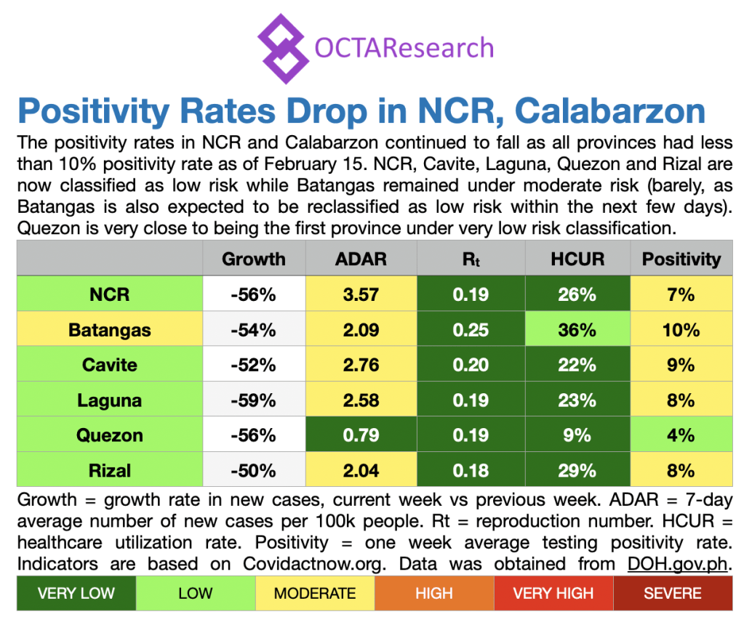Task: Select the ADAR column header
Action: tap(361, 259)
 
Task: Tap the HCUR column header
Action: tap(577, 259)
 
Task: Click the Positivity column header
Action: tap(681, 259)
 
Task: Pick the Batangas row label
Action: tap(110, 330)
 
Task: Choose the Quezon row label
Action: tap(110, 435)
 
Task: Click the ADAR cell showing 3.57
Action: tap(361, 294)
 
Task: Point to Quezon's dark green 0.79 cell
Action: tap(361, 435)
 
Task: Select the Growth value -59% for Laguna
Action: tap(254, 400)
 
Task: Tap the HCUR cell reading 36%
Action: tap(577, 330)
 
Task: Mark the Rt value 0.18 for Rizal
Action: tap(470, 470)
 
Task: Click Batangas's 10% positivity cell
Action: tap(681, 330)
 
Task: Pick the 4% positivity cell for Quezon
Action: tap(681, 435)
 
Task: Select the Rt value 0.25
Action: tap(470, 330)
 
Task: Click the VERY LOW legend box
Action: tap(76, 593)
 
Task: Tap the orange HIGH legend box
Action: tap(434, 593)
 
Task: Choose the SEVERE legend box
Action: tap(673, 593)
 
